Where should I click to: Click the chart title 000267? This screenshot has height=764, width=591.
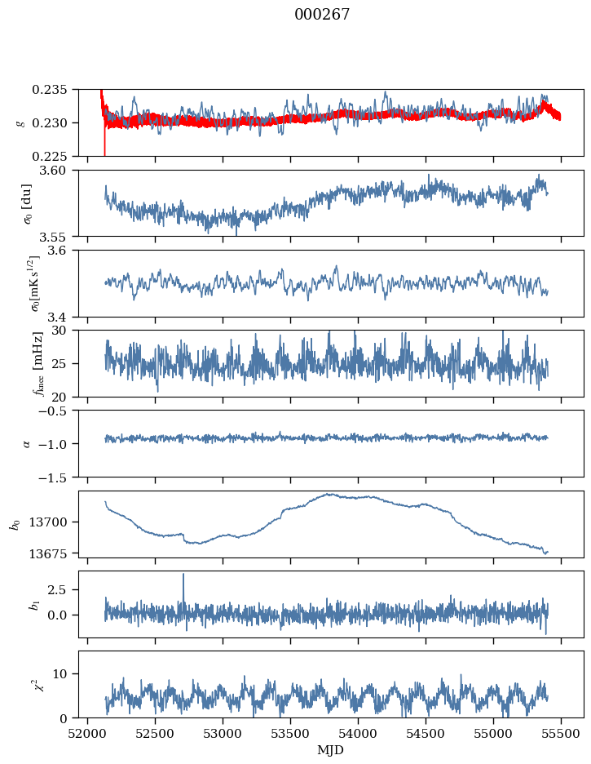322,15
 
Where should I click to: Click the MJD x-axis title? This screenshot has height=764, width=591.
331,749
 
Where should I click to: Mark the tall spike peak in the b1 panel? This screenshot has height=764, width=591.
183,574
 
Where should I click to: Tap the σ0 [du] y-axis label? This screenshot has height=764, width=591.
27,202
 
